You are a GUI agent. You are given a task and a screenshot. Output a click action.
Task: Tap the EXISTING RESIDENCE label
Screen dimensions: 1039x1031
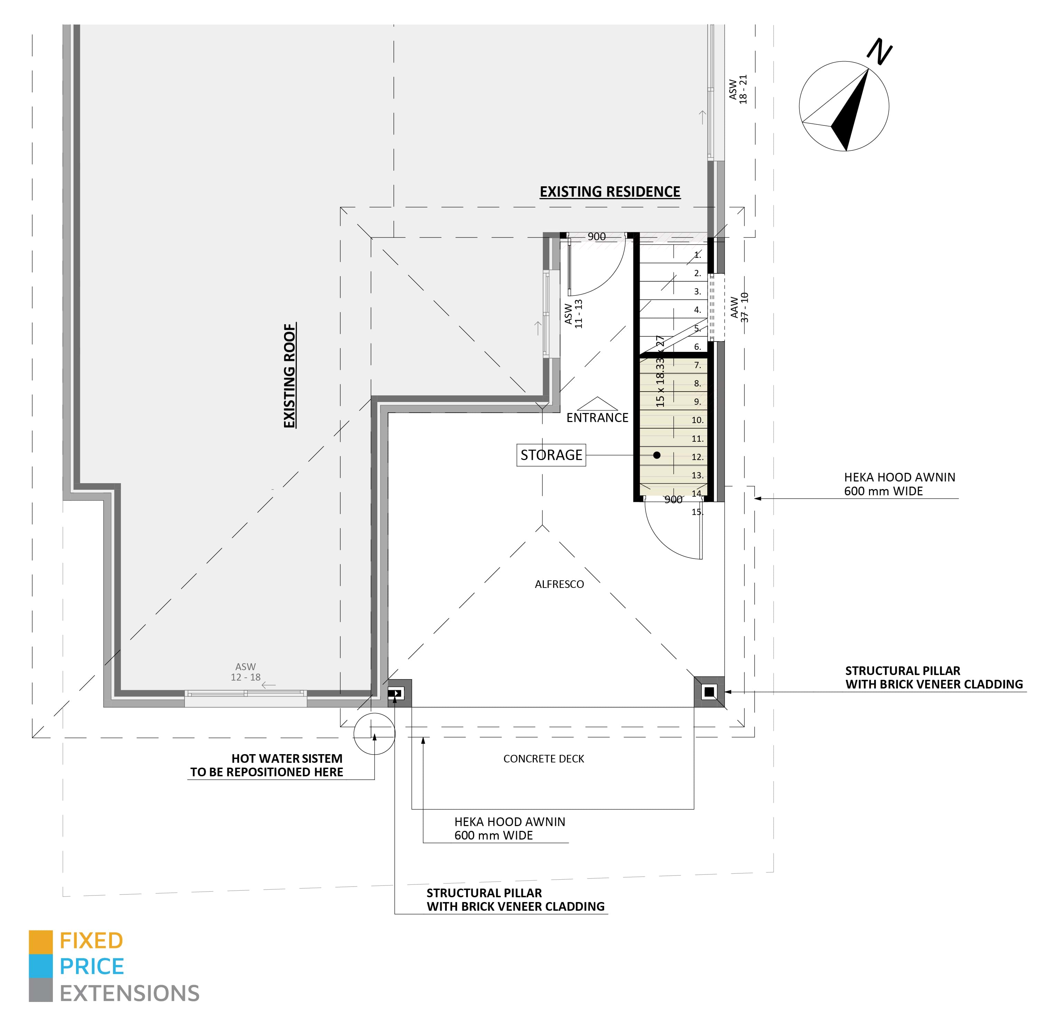coord(610,192)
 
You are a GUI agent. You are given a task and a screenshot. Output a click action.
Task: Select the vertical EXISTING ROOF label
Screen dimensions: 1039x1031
coord(289,375)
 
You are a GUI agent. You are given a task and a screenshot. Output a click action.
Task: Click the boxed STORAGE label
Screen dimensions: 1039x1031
coord(551,455)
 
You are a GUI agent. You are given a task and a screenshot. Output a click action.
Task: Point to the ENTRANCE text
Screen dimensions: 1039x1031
coord(597,418)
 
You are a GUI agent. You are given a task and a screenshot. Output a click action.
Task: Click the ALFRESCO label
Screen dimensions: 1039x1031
coord(559,584)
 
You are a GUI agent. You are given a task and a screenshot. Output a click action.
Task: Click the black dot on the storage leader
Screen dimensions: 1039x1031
coord(657,455)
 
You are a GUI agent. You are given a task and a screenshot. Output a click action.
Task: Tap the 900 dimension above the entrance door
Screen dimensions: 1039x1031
coord(596,237)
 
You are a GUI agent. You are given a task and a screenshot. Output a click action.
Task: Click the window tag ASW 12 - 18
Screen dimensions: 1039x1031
coord(246,672)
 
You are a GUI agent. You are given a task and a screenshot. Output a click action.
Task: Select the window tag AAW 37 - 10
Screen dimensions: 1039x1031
coord(739,308)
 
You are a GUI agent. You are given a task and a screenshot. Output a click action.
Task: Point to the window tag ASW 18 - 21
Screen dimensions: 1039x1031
coord(738,89)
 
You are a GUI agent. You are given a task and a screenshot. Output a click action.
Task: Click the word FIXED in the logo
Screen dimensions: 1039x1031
coord(92,941)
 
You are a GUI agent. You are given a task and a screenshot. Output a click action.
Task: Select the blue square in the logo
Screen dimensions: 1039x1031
coord(41,966)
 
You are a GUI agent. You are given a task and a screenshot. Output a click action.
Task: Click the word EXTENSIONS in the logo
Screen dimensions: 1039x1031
coord(130,993)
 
